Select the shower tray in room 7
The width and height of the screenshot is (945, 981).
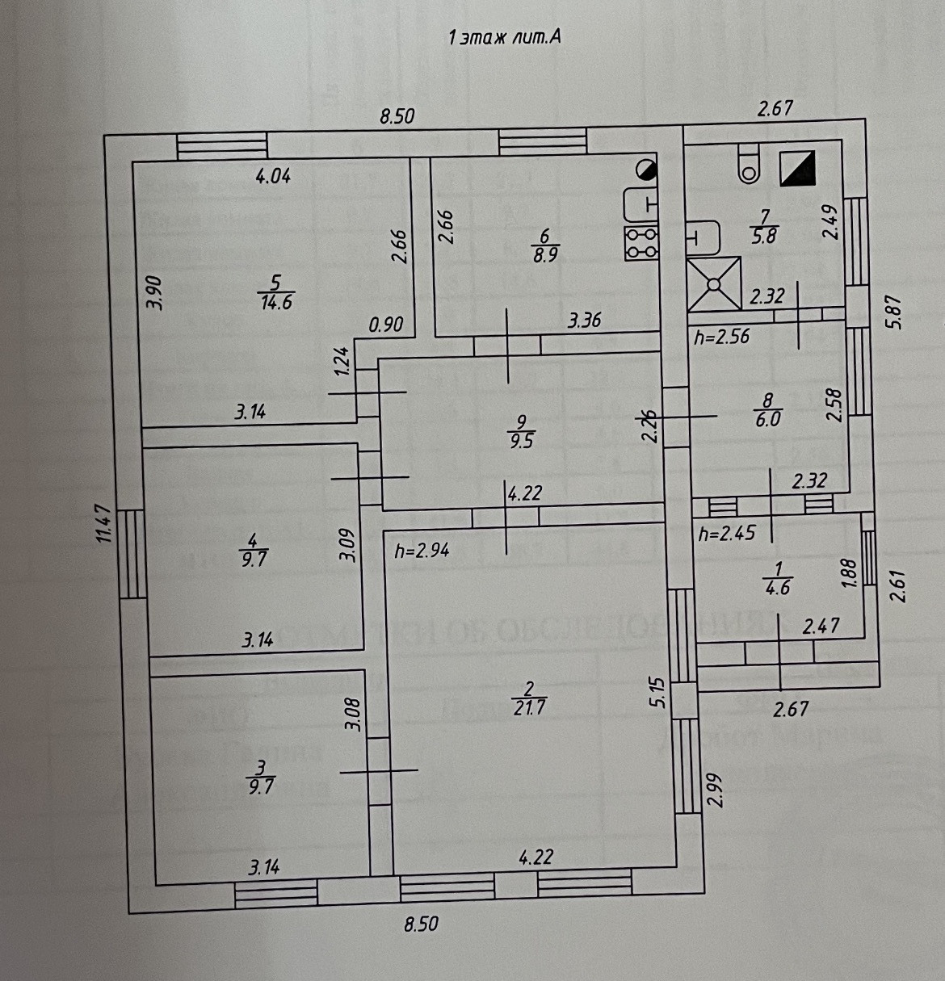click(714, 283)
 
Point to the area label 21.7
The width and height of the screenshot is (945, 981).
click(530, 707)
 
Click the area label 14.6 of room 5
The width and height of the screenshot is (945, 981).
click(275, 303)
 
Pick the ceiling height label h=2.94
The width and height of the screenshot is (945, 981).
click(422, 551)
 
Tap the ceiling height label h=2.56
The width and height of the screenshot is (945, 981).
click(721, 337)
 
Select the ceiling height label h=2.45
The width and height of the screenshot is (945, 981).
click(725, 534)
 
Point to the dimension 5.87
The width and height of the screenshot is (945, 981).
click(892, 310)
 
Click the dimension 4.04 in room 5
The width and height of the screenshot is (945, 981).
click(273, 176)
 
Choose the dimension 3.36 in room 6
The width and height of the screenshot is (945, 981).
click(584, 321)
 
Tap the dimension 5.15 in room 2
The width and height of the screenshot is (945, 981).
click(657, 693)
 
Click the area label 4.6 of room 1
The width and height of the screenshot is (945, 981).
click(777, 588)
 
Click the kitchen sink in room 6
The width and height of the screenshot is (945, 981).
click(642, 203)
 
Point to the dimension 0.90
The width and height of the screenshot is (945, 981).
click(386, 325)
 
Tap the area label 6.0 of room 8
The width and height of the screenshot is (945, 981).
click(767, 420)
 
